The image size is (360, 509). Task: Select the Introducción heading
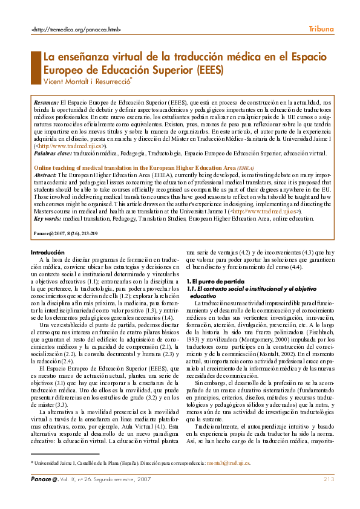(47, 251)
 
